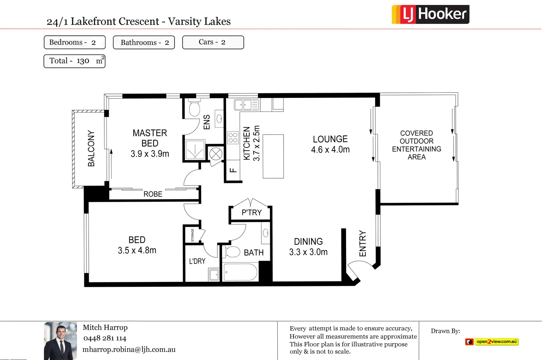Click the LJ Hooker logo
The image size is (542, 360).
point(430,14)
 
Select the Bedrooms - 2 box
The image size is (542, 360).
point(74,42)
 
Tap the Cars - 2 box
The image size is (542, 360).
point(213,42)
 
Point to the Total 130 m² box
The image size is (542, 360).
point(74,61)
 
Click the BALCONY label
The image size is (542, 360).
point(91,148)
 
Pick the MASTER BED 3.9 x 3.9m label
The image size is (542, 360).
point(150,143)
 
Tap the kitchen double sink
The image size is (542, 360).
point(247,105)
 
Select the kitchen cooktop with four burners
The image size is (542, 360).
point(233,138)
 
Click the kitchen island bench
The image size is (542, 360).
point(273,156)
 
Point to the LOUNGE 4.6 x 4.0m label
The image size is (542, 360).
point(330,144)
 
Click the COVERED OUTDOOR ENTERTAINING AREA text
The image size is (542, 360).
point(416,145)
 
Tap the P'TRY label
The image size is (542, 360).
point(251,212)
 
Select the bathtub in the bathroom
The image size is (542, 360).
point(240,272)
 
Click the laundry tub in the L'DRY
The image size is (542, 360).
point(214,275)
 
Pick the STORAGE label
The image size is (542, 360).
point(193,235)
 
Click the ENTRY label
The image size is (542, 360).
point(362,243)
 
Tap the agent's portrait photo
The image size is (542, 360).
point(60,341)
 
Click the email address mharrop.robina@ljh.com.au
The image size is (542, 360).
point(129,350)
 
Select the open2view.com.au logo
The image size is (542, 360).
point(492,342)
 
